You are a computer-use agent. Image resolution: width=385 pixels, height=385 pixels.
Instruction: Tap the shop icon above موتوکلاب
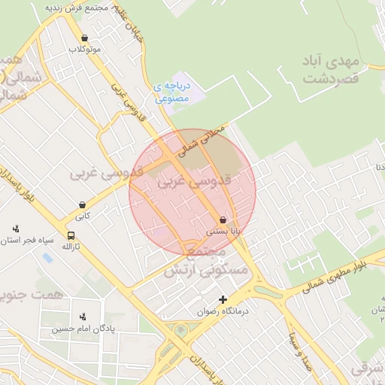coord(84,38)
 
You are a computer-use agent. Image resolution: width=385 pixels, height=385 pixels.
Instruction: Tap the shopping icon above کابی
coord(82,205)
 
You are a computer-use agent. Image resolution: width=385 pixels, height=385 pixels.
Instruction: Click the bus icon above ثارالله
coord(71,235)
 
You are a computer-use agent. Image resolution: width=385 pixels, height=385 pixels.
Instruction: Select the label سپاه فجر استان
coord(30,241)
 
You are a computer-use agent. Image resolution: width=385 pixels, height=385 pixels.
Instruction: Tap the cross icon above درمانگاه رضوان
coord(223,299)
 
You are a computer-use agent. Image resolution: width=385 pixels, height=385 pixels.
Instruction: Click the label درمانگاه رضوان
coord(223,311)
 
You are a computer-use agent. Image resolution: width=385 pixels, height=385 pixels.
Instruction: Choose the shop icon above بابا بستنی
coord(223,220)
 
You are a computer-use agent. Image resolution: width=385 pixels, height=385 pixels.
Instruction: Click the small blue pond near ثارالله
coord(47,258)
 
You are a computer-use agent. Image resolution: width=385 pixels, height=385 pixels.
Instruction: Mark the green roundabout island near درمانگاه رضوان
coord(180,330)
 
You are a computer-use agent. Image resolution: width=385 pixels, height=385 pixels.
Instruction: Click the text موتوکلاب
coord(85,49)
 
